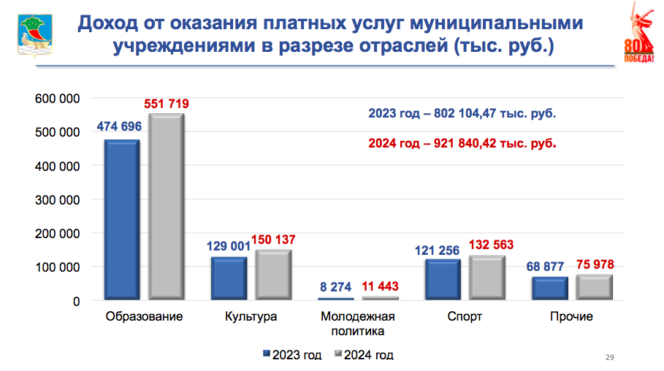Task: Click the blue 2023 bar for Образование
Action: (x=121, y=219)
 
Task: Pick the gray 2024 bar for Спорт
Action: (x=486, y=278)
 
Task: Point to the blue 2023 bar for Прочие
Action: (x=550, y=288)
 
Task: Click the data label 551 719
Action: (x=167, y=104)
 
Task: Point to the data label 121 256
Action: (x=437, y=250)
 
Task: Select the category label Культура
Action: (x=251, y=317)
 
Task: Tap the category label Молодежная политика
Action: (x=358, y=324)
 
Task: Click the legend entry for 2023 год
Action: (x=292, y=356)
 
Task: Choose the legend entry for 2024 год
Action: (x=364, y=356)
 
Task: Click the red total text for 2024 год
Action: (x=462, y=143)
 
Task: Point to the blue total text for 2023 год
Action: (x=462, y=114)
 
